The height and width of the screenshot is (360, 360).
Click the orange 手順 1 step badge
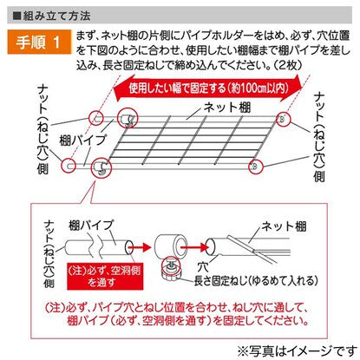39,42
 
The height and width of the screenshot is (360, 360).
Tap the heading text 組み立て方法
56,16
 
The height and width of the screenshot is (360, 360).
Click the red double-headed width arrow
208,88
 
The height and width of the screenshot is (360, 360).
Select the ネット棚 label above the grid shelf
227,108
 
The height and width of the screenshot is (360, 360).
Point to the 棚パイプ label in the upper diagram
83,141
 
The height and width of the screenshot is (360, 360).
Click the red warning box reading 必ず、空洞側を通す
105,276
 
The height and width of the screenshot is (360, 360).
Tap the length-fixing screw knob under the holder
171,270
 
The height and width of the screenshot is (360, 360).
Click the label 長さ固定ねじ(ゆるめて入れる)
256,280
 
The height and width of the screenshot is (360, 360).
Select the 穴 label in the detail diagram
203,266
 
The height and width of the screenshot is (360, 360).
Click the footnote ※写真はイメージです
298,351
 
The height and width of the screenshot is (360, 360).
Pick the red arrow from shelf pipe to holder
140,247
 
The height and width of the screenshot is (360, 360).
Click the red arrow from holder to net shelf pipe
195,247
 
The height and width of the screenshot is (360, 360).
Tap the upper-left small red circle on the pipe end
96,118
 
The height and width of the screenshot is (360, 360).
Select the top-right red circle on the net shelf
284,119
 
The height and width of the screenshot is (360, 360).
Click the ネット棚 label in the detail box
284,226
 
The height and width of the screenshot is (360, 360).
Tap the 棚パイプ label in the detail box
91,225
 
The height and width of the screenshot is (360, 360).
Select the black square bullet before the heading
17,16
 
